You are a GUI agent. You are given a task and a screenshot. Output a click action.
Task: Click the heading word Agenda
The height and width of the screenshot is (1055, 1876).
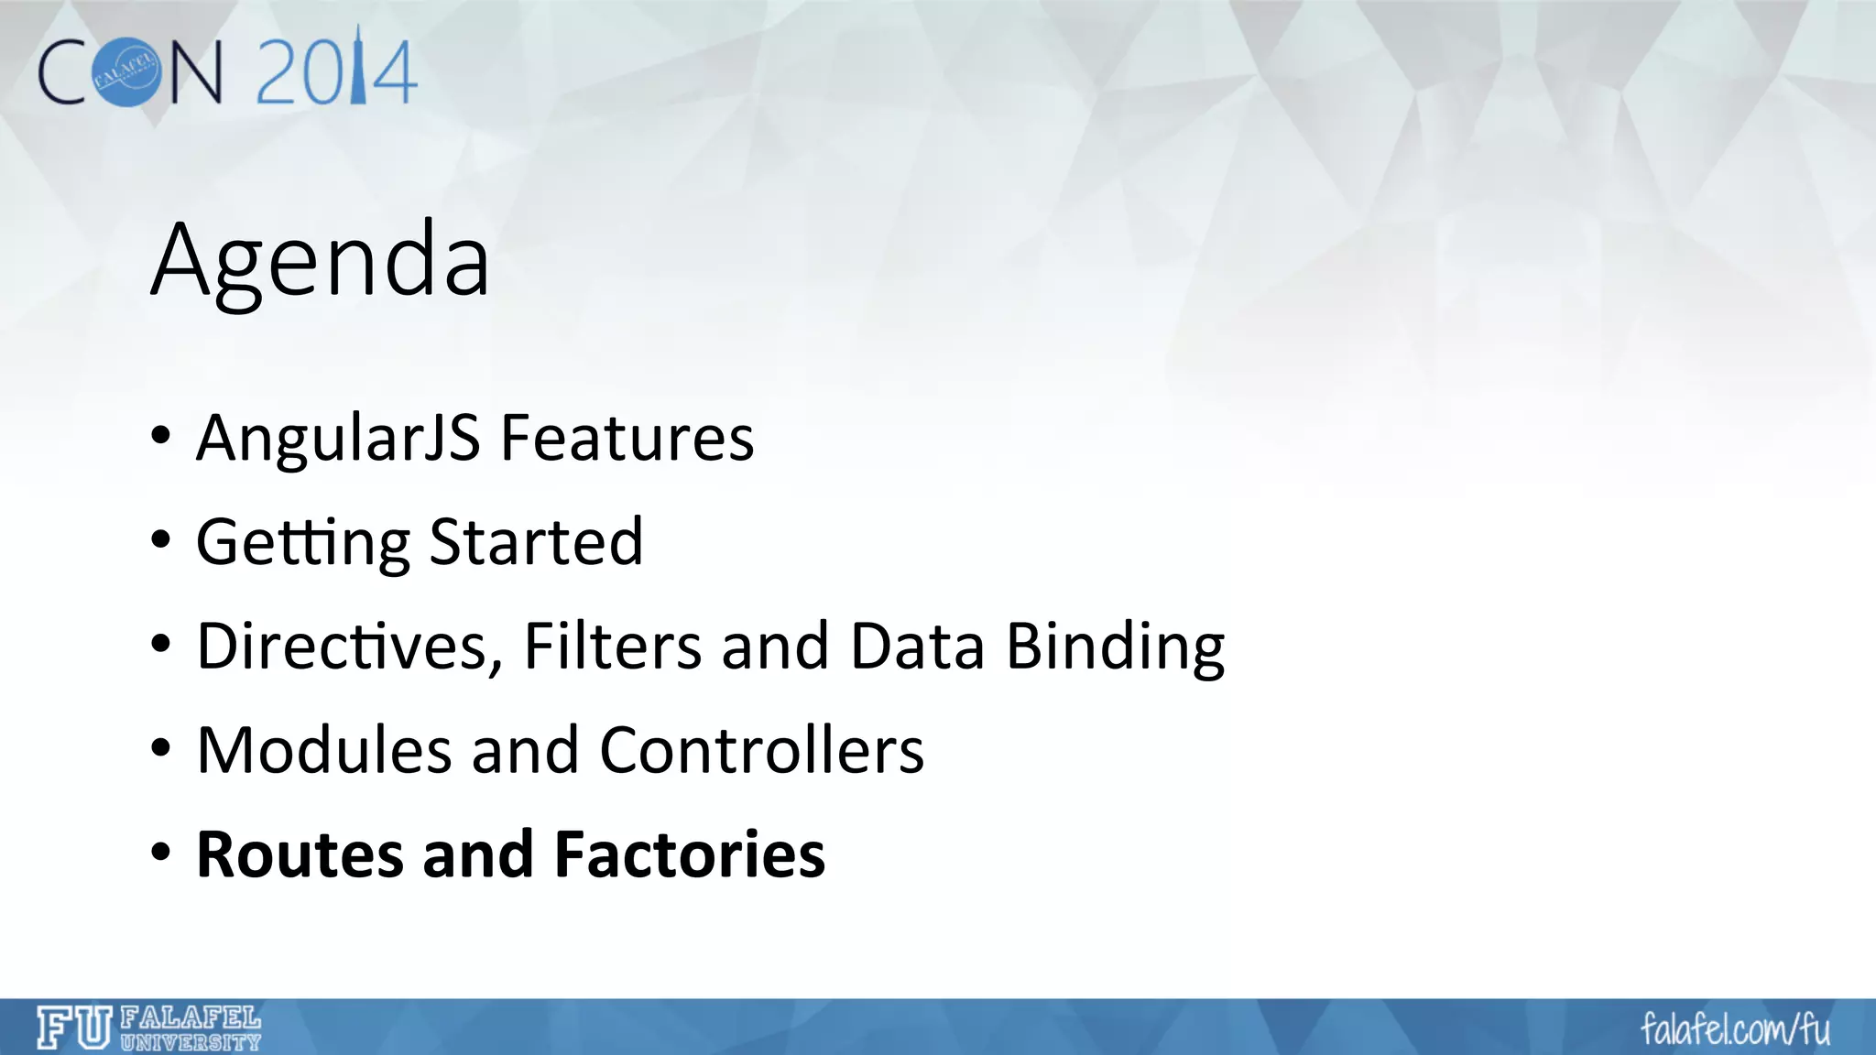321,262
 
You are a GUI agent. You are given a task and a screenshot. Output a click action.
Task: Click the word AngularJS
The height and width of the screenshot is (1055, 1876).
338,438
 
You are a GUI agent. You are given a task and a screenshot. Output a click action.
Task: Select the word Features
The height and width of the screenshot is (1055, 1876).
627,438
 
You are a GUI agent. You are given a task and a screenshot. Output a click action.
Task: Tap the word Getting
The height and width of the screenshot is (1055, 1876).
303,543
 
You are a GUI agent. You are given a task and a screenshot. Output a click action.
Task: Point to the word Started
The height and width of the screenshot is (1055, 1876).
536,541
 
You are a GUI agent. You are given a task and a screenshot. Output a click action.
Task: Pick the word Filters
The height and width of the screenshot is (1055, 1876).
613,647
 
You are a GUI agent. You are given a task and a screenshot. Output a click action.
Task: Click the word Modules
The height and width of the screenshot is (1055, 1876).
324,750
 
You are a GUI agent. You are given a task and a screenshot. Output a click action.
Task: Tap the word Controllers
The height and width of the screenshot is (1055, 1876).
761,750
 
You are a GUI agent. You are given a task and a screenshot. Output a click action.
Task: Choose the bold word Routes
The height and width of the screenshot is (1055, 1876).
300,854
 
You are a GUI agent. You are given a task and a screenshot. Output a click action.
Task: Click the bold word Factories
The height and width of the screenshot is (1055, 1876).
690,854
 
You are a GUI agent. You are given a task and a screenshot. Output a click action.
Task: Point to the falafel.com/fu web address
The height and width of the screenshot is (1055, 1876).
1735,1029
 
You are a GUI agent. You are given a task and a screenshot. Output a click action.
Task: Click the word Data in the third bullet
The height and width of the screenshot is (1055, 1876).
917,647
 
